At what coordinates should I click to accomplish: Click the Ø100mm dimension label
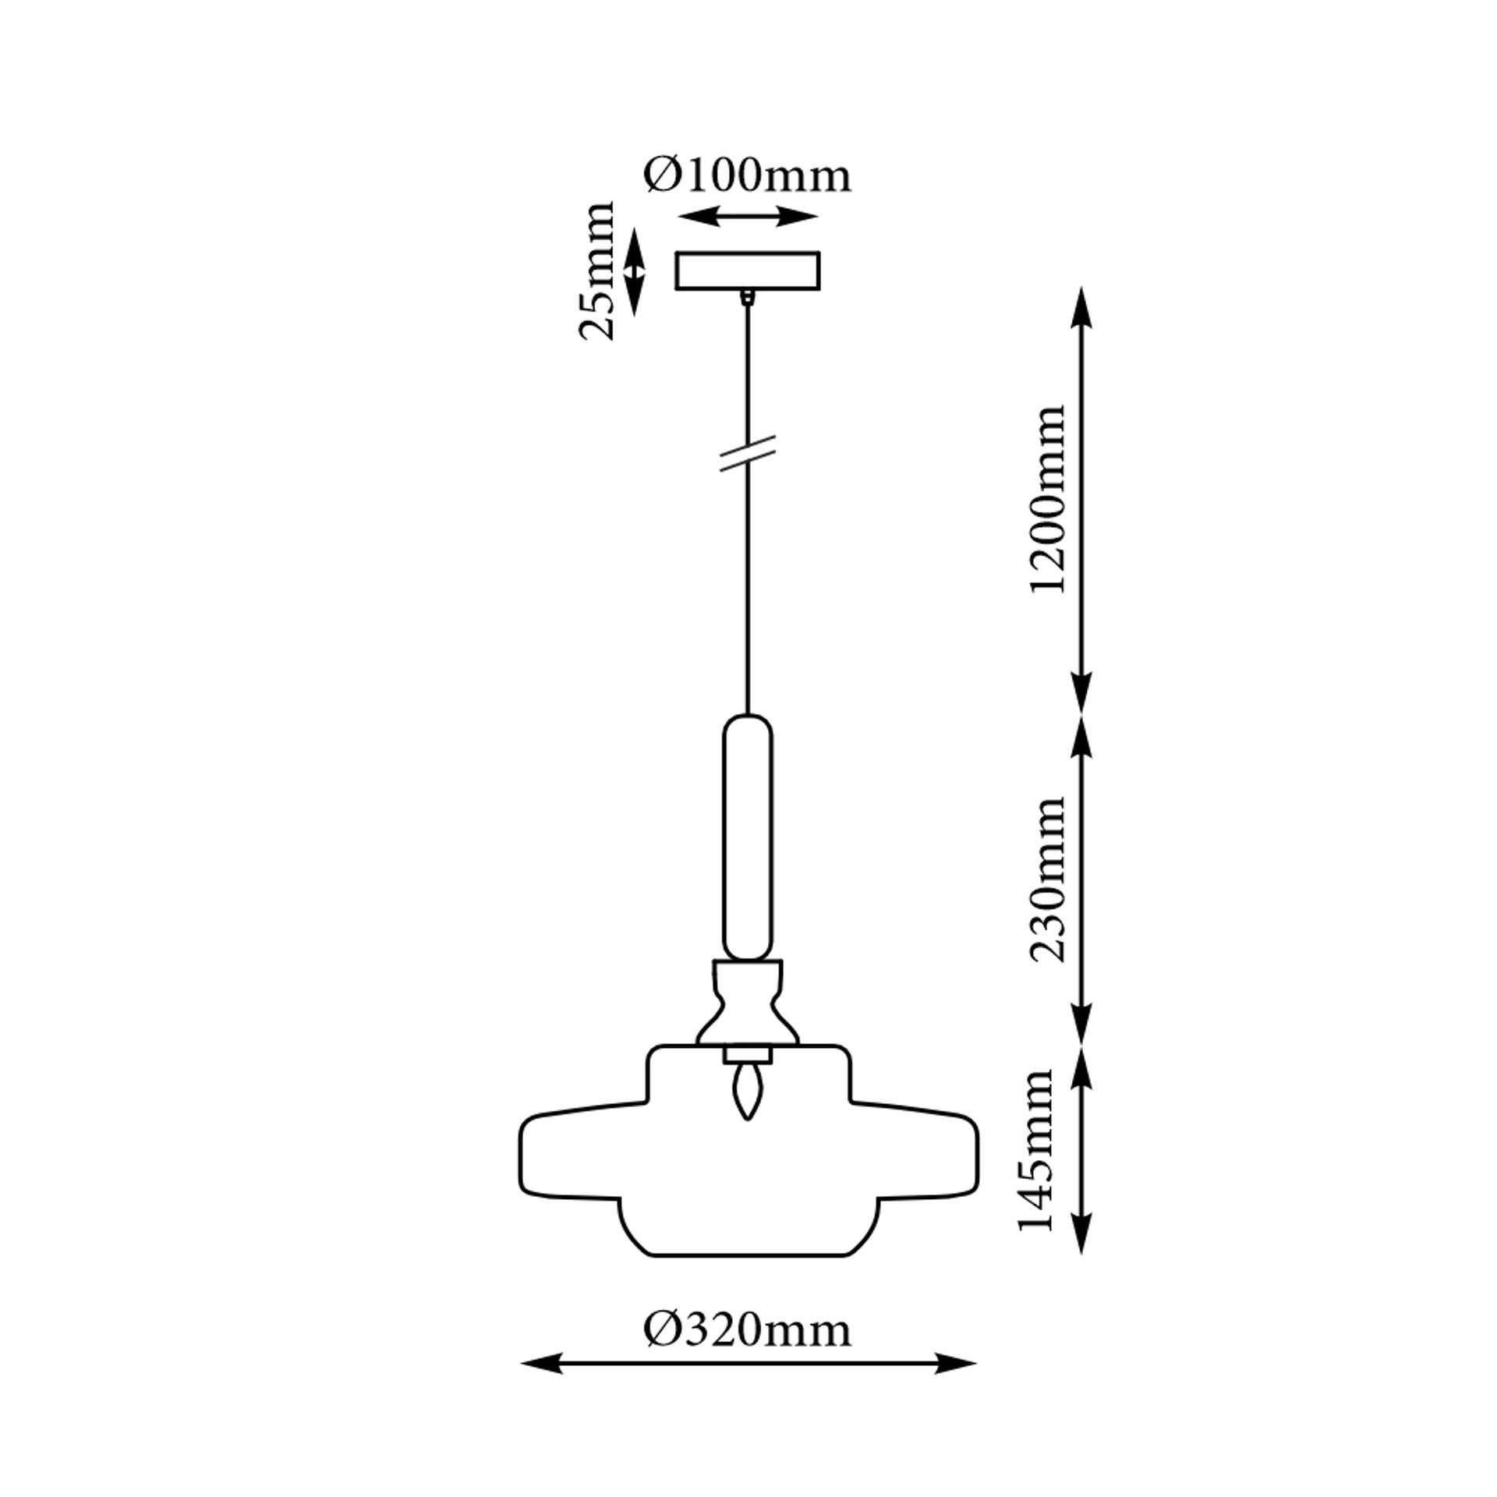tap(747, 176)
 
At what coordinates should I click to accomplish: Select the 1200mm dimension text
tap(1046, 500)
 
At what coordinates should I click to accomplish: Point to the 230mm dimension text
tap(1046, 879)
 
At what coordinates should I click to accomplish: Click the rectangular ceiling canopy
tap(748, 271)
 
